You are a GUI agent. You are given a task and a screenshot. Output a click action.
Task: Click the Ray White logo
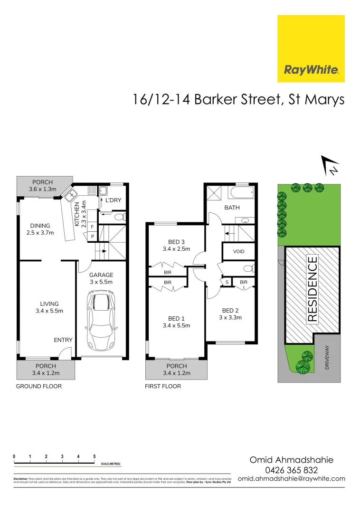click(311, 48)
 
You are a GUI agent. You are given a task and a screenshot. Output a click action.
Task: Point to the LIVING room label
click(49, 307)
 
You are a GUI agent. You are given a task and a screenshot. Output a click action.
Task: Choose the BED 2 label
click(231, 314)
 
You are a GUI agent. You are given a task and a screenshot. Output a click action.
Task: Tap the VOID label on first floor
click(239, 251)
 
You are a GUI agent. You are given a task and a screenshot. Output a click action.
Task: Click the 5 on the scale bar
click(95, 456)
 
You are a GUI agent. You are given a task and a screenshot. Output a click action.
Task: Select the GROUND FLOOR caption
click(39, 386)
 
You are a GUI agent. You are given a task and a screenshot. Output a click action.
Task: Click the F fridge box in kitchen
click(92, 228)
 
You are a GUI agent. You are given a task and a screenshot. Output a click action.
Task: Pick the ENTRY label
click(63, 340)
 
